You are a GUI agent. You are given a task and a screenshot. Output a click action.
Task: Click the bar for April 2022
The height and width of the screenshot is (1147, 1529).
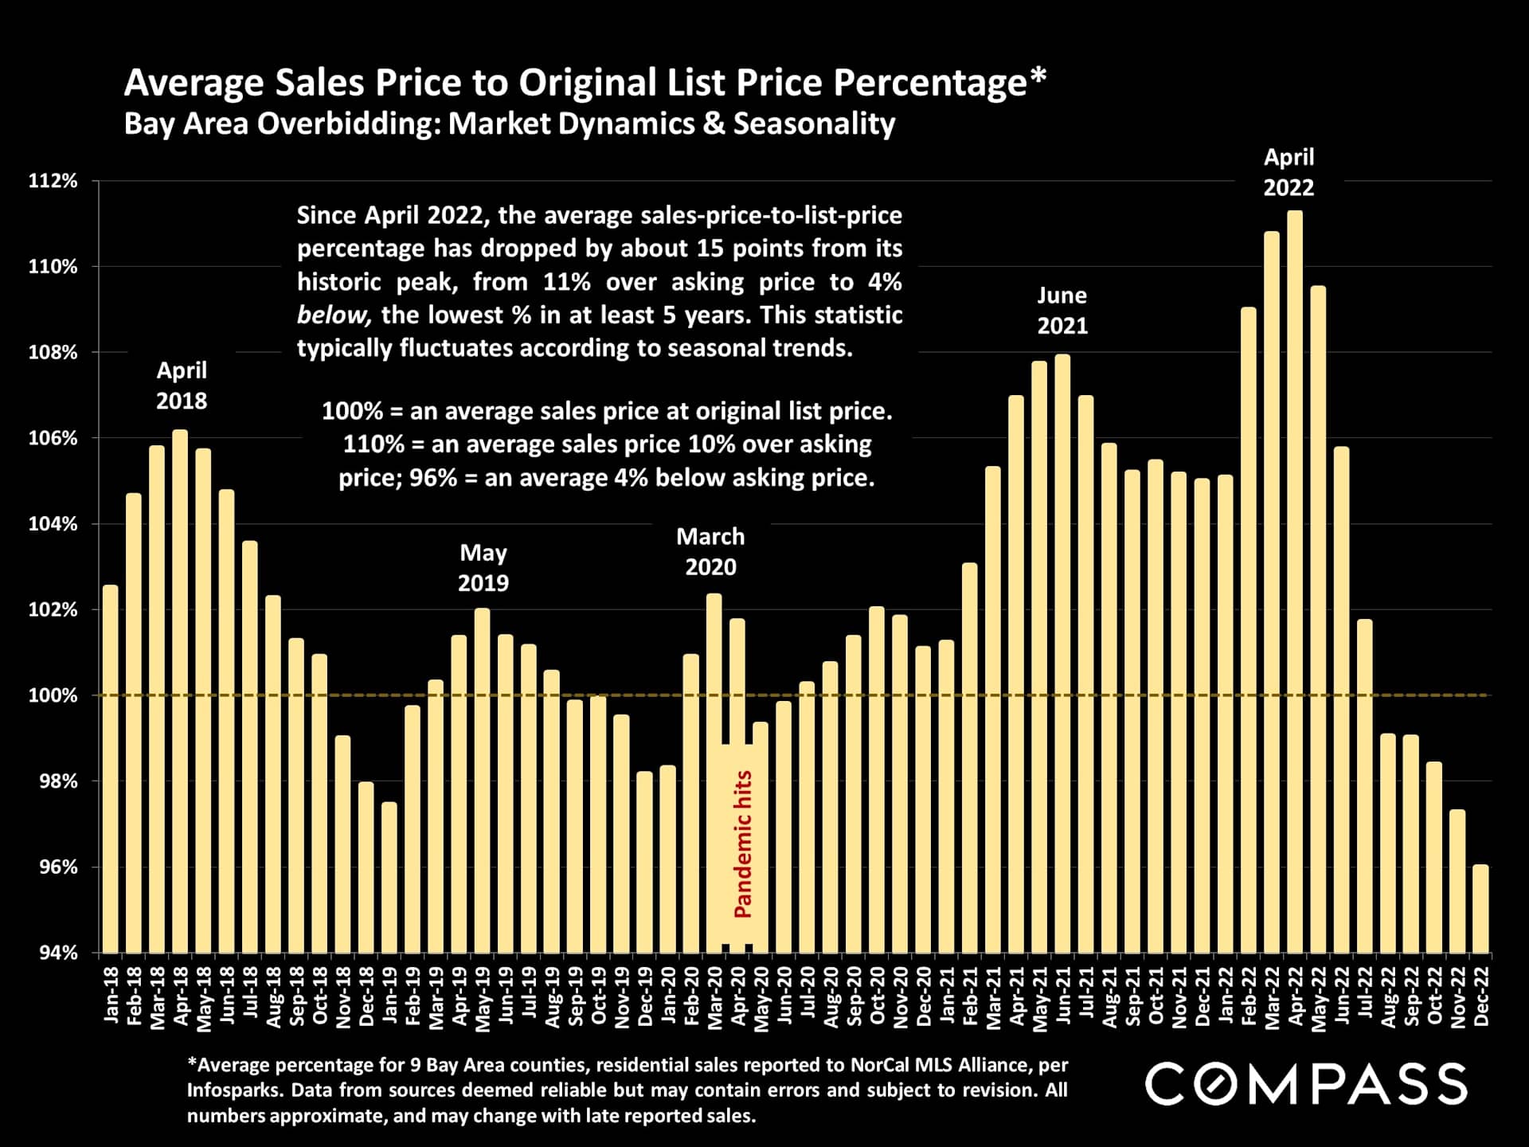point(1295,581)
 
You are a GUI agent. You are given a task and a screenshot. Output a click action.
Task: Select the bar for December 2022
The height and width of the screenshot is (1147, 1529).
point(1480,909)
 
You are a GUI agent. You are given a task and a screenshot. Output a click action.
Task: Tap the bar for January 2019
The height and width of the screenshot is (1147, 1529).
point(389,877)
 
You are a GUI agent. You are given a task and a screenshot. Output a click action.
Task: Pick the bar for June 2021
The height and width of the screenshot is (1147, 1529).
point(1062,653)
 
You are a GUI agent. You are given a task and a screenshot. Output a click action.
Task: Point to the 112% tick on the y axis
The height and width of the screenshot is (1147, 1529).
point(53,181)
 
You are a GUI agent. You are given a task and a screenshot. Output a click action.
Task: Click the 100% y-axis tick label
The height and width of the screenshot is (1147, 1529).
point(53,695)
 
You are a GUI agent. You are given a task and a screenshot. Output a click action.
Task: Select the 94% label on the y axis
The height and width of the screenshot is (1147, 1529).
point(58,953)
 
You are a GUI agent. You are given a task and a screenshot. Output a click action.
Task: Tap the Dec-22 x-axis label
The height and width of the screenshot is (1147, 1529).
point(1481,996)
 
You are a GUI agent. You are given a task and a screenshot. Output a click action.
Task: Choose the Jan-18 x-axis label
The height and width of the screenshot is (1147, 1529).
point(111,996)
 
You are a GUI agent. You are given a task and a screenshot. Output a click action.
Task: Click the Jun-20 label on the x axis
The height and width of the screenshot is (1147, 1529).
point(784,996)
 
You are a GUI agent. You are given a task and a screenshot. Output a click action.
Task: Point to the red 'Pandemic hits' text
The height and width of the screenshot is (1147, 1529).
point(743,844)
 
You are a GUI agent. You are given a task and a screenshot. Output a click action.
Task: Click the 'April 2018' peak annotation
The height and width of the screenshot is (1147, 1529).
point(182,386)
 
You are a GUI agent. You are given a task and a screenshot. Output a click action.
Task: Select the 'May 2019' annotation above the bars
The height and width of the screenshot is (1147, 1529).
point(483,568)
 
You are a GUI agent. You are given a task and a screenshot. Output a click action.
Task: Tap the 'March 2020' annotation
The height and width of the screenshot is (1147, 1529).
point(710,552)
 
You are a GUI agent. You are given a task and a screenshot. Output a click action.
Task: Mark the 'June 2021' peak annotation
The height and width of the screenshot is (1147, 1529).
point(1062,311)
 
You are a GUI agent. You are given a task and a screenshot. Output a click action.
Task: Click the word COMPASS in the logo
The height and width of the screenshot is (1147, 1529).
point(1306,1085)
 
